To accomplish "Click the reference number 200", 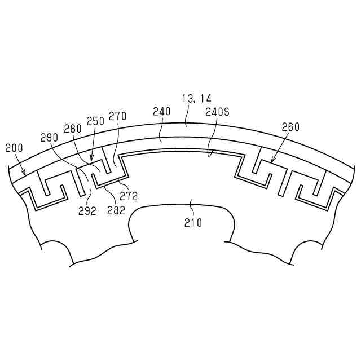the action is point(14,148).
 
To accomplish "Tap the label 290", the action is point(49,138).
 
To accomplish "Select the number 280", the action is point(73,129).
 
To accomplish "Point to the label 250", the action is point(95,121).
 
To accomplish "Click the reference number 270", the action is point(118,116).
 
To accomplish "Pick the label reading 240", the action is point(162,112).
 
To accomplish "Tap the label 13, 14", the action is point(197,99).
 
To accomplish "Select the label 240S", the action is point(217,112).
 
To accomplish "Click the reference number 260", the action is point(290,127).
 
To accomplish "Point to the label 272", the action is point(129,196).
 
